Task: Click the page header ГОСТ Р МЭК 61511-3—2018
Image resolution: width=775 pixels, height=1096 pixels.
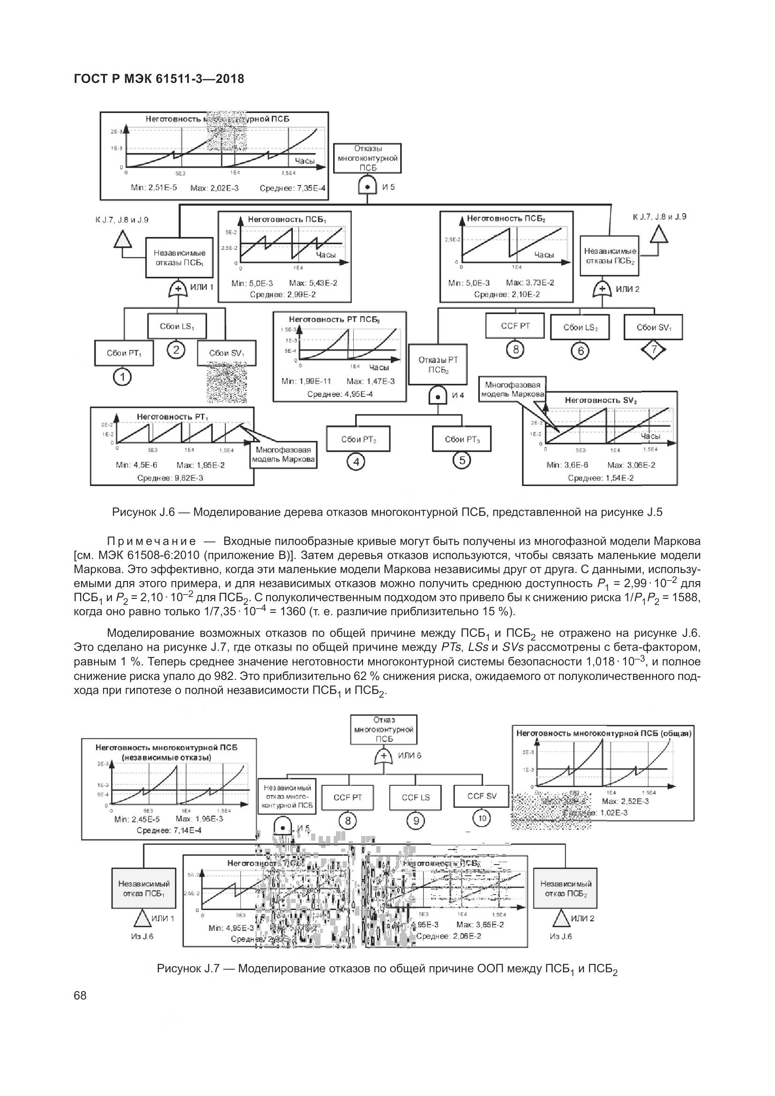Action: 159,79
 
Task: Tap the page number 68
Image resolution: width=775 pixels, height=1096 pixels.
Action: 80,995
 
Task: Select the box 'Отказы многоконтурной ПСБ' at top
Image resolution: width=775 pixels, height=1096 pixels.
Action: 367,158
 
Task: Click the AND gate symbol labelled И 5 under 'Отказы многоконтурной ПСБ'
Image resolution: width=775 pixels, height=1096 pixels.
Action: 367,186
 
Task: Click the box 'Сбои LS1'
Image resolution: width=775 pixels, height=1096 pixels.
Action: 177,327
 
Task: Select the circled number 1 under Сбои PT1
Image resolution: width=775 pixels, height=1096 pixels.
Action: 123,378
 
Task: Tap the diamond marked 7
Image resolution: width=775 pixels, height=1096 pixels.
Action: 653,350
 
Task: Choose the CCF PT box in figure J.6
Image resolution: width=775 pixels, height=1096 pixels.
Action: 515,326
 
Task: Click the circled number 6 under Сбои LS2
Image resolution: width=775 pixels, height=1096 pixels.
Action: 580,351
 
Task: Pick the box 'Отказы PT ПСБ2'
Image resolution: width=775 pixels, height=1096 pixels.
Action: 438,364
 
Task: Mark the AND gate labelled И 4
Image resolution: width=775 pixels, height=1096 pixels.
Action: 438,395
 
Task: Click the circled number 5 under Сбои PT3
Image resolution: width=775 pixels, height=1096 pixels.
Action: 462,460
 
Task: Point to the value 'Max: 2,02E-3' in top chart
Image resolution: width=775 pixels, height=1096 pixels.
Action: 214,188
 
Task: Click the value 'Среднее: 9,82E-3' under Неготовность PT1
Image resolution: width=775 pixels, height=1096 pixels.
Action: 171,477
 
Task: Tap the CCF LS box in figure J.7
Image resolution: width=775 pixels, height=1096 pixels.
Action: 416,797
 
